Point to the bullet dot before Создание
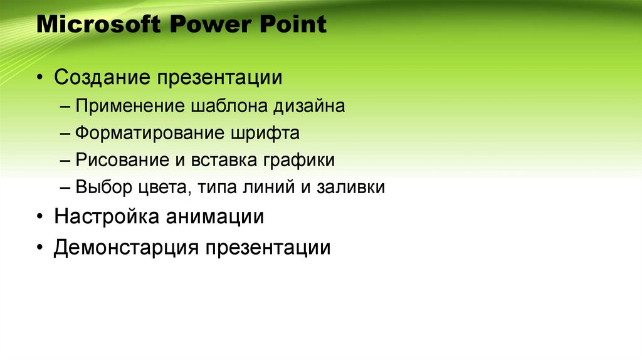39,79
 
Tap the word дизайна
308,106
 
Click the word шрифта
264,134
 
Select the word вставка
219,160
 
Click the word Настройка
107,217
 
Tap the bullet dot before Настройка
39,218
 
